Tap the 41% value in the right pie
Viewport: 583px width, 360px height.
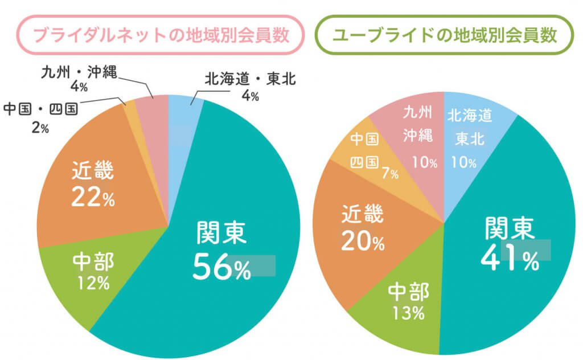coord(510,259)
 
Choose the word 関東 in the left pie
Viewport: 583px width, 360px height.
coord(221,234)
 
